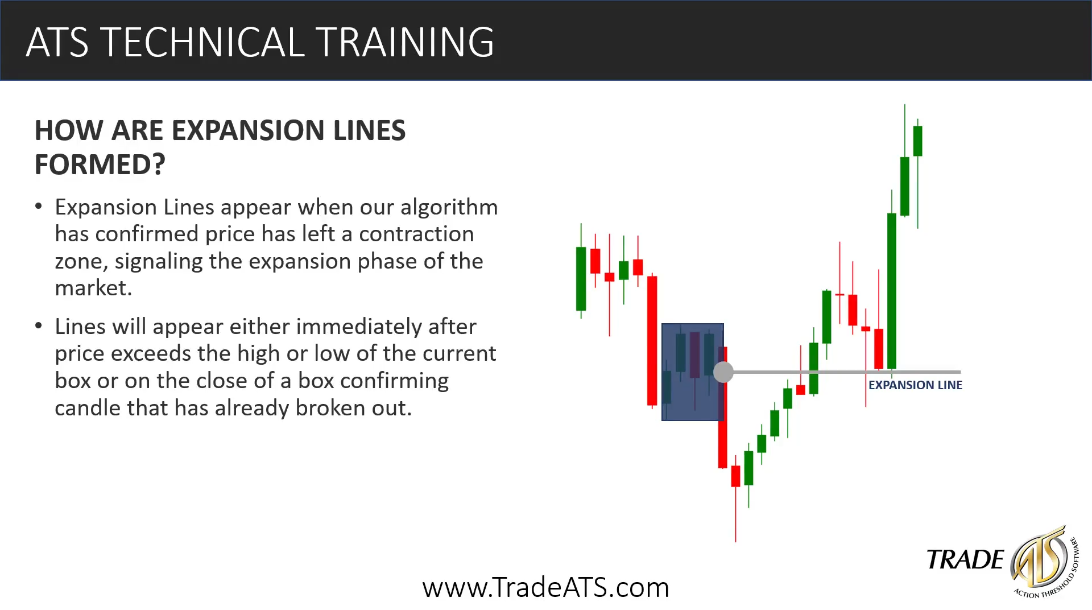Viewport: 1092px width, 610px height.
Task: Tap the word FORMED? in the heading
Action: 100,164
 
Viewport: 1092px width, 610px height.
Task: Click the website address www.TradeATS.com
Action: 546,587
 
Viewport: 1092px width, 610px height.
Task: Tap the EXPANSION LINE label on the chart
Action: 915,385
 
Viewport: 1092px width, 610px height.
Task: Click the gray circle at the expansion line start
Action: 723,372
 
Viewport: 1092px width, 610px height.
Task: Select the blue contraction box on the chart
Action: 693,372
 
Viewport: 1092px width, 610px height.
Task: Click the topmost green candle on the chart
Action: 917,141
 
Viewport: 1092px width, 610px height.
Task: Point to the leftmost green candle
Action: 581,278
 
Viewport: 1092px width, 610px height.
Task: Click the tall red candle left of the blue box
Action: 652,340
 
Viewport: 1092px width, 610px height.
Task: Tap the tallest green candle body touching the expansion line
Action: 892,291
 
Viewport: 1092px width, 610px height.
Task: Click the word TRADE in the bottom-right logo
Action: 965,560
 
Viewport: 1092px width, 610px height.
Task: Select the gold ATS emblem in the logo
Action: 1040,558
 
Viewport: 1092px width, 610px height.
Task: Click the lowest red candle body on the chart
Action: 735,476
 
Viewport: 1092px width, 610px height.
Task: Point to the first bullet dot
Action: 39,206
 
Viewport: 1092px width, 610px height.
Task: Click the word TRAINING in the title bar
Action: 405,42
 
